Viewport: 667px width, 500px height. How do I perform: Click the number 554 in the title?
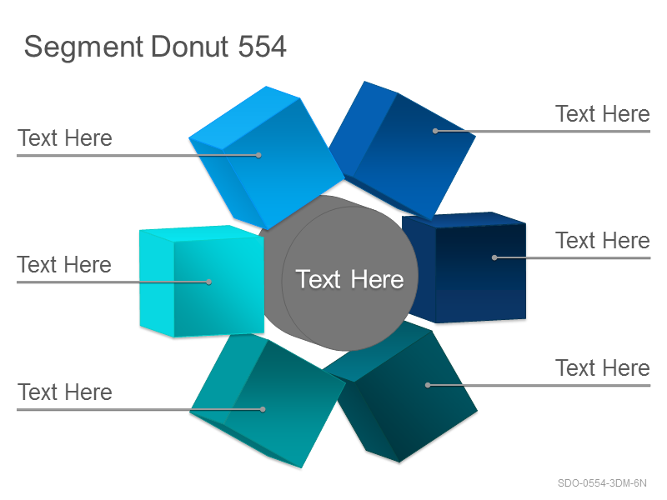[x=262, y=47]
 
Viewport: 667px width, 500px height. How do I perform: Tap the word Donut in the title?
[x=190, y=47]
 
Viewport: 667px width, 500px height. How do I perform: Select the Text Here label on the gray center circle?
[x=349, y=279]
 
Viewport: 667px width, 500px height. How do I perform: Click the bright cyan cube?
[x=202, y=281]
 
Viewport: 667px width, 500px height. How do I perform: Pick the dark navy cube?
[x=464, y=267]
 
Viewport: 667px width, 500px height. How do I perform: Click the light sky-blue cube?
[x=266, y=157]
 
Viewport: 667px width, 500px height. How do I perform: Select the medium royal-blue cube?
[x=403, y=151]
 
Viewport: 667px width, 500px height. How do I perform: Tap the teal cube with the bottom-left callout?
[x=267, y=401]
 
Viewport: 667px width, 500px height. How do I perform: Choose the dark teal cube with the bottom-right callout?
[x=401, y=392]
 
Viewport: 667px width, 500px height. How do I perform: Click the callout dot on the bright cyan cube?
[x=208, y=282]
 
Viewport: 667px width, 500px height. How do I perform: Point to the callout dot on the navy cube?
[x=494, y=257]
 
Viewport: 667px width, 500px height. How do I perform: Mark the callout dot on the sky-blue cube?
[x=258, y=155]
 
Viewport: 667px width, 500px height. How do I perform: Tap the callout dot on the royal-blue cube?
[x=435, y=131]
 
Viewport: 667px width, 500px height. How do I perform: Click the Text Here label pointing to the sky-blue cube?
[x=65, y=138]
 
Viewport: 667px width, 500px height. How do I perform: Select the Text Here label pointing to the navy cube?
[x=602, y=241]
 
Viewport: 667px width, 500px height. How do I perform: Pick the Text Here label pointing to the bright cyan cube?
[x=64, y=265]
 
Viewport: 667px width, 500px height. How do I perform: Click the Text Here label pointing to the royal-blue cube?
[x=602, y=114]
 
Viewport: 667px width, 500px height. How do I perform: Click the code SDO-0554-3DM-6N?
[x=602, y=483]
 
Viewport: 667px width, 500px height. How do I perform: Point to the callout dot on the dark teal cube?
[x=428, y=385]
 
